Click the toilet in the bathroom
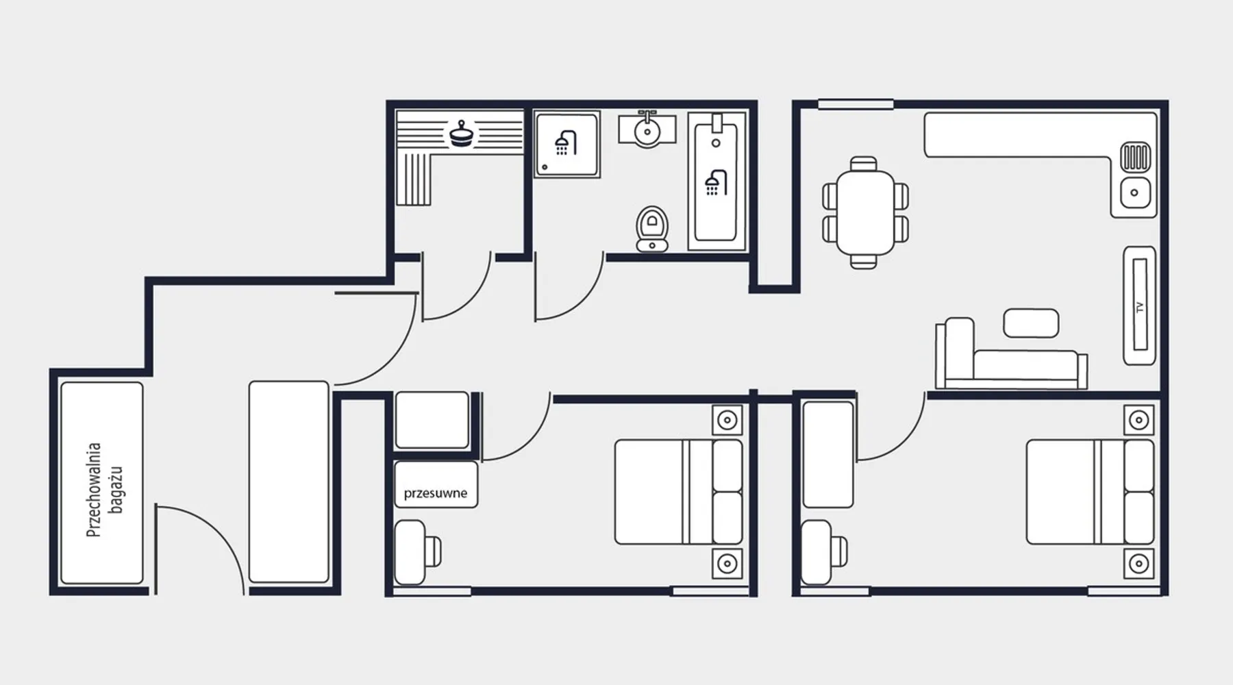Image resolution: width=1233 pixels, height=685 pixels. (x=651, y=229)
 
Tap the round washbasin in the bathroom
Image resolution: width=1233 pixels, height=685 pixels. (x=647, y=130)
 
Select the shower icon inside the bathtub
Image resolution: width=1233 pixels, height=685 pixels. (x=715, y=182)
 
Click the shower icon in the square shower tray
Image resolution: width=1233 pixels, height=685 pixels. (x=565, y=142)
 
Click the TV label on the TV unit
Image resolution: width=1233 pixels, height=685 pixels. (x=1140, y=307)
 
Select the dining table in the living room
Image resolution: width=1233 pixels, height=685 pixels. (x=865, y=212)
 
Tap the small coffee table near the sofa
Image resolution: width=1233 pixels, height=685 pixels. (x=1031, y=323)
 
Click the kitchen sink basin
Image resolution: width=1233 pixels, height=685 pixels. (x=1135, y=192)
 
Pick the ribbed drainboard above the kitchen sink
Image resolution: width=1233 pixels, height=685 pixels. (x=1135, y=157)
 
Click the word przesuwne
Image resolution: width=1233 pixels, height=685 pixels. (x=436, y=493)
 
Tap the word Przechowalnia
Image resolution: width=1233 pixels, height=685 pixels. (x=94, y=489)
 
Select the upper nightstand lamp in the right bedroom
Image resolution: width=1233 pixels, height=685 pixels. (x=1138, y=420)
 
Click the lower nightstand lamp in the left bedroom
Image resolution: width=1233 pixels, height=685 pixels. (x=727, y=564)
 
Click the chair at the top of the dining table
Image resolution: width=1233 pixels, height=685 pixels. (x=863, y=164)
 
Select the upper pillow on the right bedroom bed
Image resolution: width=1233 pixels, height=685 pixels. (x=1139, y=465)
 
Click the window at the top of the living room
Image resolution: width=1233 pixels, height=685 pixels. (x=856, y=104)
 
